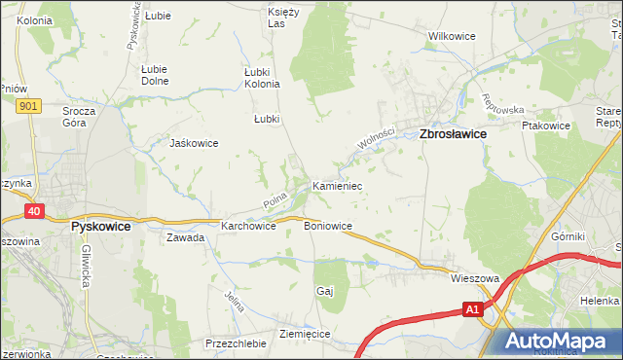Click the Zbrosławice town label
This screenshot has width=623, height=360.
pyautogui.click(x=453, y=136)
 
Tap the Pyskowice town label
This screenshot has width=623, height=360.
pyautogui.click(x=109, y=225)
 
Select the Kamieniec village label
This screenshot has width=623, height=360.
pyautogui.click(x=337, y=184)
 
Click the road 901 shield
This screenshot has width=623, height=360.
pyautogui.click(x=28, y=105)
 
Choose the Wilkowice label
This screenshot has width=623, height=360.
pyautogui.click(x=452, y=36)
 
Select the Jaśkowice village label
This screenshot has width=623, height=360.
pyautogui.click(x=194, y=143)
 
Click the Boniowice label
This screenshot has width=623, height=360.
pyautogui.click(x=328, y=227)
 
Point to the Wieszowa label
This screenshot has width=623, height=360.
pyautogui.click(x=475, y=278)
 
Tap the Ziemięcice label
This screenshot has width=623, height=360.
pyautogui.click(x=305, y=334)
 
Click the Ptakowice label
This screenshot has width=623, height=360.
pyautogui.click(x=545, y=126)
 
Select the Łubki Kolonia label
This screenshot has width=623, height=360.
pyautogui.click(x=262, y=77)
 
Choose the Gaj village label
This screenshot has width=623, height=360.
pyautogui.click(x=325, y=291)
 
